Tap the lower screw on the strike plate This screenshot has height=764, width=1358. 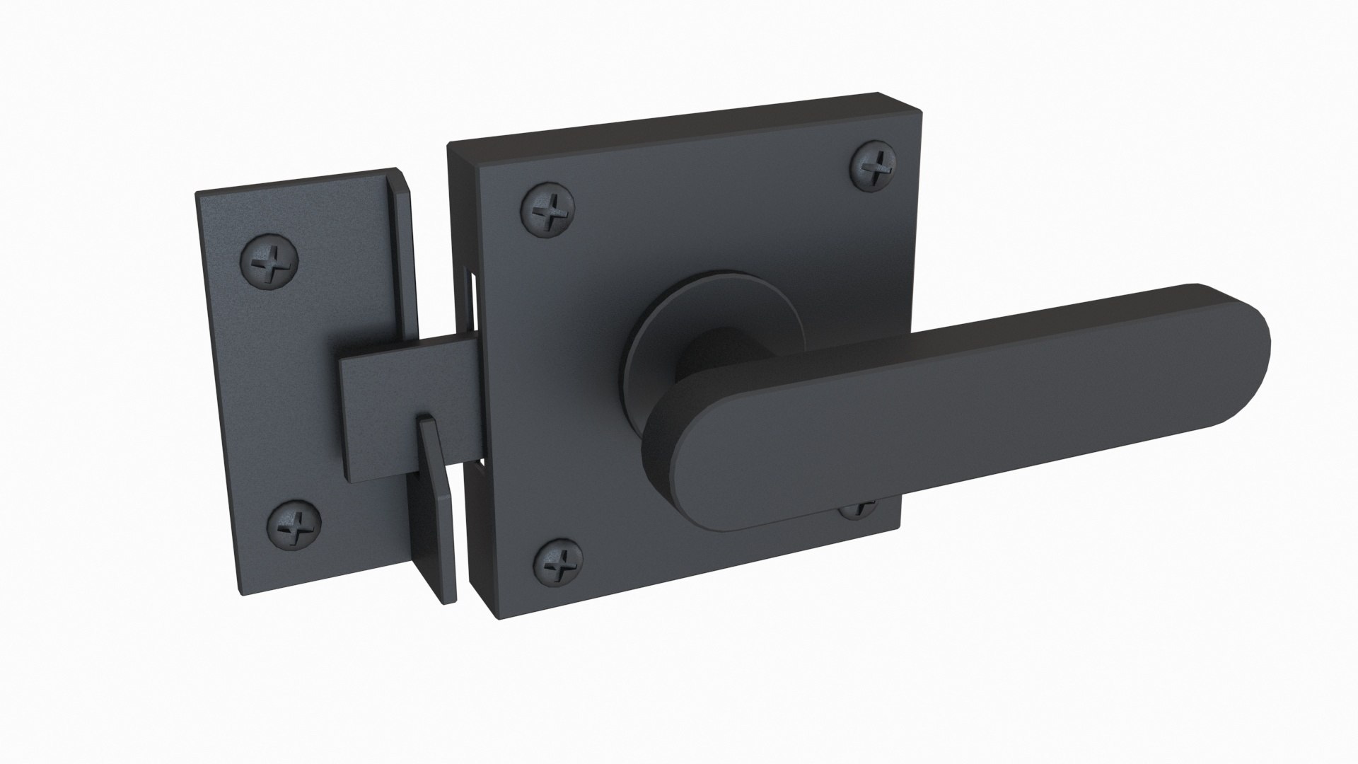(296, 526)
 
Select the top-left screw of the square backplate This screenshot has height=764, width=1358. (547, 210)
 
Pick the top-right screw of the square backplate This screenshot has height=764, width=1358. (874, 167)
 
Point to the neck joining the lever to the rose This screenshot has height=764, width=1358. (714, 368)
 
